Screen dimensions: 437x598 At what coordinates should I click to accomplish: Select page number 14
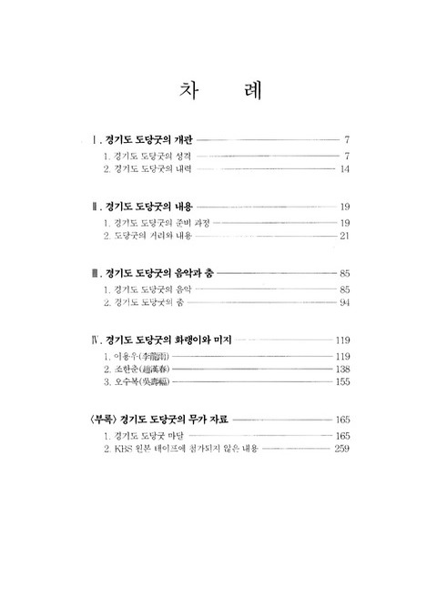tap(344, 169)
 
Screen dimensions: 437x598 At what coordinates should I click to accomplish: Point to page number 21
tap(344, 236)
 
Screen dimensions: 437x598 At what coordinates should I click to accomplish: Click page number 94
tap(344, 302)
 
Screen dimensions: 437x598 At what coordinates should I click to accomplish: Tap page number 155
tap(342, 382)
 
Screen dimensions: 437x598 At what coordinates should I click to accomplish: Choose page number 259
tap(342, 449)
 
